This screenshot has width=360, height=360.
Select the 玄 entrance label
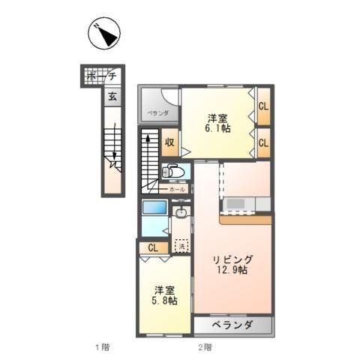pos(111,96)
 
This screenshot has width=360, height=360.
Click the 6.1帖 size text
pos(218,129)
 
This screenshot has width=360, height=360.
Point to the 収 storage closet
pos(170,141)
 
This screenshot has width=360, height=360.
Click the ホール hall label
pos(177,190)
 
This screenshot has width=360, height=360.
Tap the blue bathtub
pos(154,208)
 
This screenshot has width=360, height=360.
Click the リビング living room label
pos(232,259)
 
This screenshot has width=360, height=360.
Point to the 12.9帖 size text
pos(234,271)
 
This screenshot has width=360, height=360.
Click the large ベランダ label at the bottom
pos(232,325)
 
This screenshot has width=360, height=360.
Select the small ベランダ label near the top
pos(157,112)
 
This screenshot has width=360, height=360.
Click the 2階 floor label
pos(205,346)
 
